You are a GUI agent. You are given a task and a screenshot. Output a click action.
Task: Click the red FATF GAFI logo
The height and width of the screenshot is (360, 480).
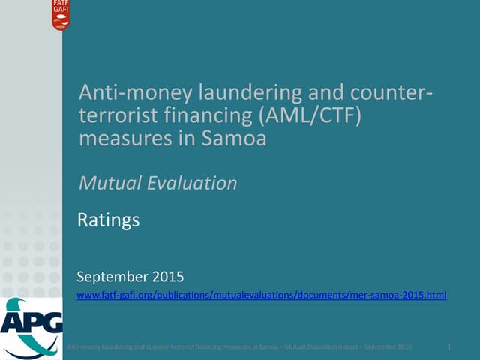[x=61, y=15]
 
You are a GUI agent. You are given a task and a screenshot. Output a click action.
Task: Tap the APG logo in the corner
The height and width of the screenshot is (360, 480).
[x=31, y=324]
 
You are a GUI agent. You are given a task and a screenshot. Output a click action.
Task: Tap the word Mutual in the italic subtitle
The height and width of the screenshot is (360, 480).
[x=109, y=182]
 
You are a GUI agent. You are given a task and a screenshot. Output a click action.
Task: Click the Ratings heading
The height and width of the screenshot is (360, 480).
[x=109, y=220]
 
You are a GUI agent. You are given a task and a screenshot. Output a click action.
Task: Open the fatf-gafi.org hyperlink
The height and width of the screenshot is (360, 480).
[x=262, y=295]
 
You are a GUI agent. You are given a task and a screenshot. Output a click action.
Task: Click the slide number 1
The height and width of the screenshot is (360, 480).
[x=448, y=346]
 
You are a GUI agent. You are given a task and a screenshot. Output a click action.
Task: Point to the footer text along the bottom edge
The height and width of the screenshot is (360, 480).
[x=240, y=346]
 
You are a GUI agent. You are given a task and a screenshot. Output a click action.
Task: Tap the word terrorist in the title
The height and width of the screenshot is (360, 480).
[x=115, y=116]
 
